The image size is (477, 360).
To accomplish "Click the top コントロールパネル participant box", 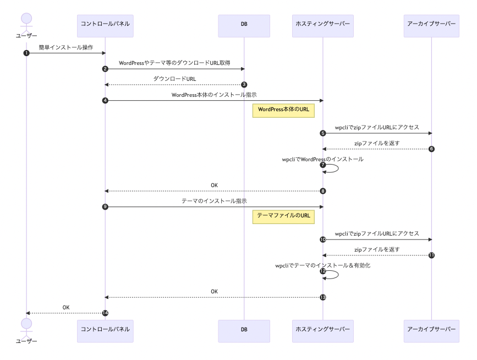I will point(105,26).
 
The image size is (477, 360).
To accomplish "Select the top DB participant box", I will point(244,26).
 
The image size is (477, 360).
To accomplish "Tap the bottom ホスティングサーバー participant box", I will point(322,330).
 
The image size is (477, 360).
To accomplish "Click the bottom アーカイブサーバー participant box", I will point(431,330).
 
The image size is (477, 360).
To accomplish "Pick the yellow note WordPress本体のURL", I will point(283,110).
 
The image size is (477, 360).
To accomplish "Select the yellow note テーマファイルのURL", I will point(283,216).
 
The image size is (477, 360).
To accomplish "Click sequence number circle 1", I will point(26,53).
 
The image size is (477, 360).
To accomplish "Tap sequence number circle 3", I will point(244,84).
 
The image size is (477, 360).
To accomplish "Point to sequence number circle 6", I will point(432,149).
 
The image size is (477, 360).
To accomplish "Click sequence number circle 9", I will point(105,206).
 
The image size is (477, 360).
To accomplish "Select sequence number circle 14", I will point(105,313).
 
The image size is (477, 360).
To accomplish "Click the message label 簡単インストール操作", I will point(66,47).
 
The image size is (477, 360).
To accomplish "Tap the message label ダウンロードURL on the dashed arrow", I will point(174,79).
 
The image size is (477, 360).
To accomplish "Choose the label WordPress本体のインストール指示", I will point(214,95).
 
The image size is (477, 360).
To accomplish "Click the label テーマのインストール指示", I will point(214,201).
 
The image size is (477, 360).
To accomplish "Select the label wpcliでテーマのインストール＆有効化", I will point(322,265).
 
